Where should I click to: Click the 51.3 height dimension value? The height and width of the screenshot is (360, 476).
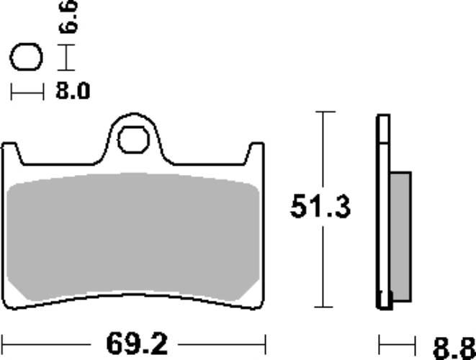tap(320, 208)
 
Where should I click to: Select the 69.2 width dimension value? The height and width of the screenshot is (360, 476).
tap(134, 341)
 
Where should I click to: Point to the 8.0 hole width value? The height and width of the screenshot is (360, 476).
tap(72, 91)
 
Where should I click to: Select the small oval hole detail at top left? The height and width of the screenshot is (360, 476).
tap(27, 58)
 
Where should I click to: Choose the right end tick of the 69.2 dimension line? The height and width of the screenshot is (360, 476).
tap(266, 340)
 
